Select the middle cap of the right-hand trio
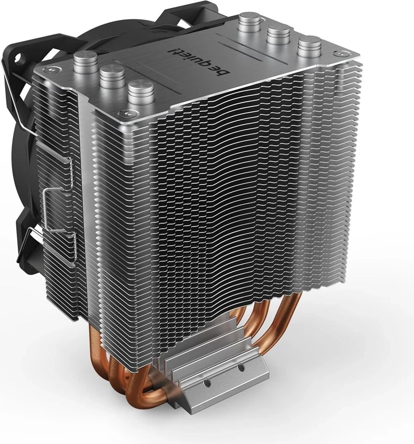(279, 35)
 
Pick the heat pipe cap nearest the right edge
(309, 47)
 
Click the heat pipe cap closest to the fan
(85, 62)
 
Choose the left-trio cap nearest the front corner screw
(141, 92)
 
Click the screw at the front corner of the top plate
(122, 114)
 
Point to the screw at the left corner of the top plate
(51, 69)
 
